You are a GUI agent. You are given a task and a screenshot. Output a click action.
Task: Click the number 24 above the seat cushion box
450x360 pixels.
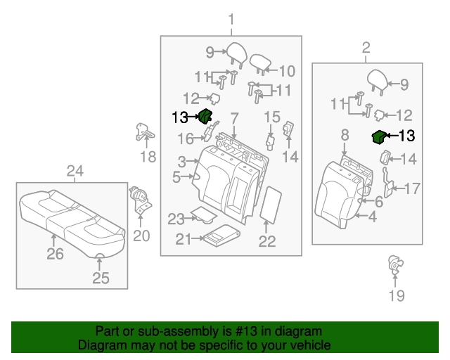coord(75,171)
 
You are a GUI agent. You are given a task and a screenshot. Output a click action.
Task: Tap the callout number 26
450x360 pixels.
coord(55,253)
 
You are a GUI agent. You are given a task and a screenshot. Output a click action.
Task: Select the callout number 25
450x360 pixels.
coord(101,278)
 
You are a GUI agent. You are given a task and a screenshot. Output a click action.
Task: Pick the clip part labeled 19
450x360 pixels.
coord(395,266)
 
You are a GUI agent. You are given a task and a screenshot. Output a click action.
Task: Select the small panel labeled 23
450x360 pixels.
coord(203,214)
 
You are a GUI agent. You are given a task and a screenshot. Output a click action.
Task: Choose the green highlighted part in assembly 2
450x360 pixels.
coord(378,136)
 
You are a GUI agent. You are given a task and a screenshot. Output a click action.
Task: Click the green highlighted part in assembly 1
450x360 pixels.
coord(205,117)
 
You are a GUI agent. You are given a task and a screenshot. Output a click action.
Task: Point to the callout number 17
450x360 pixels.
coord(411,188)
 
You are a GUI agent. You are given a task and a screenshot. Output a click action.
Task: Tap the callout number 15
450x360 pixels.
coord(272,117)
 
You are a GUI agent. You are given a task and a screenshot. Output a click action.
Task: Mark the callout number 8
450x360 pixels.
coord(344,134)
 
